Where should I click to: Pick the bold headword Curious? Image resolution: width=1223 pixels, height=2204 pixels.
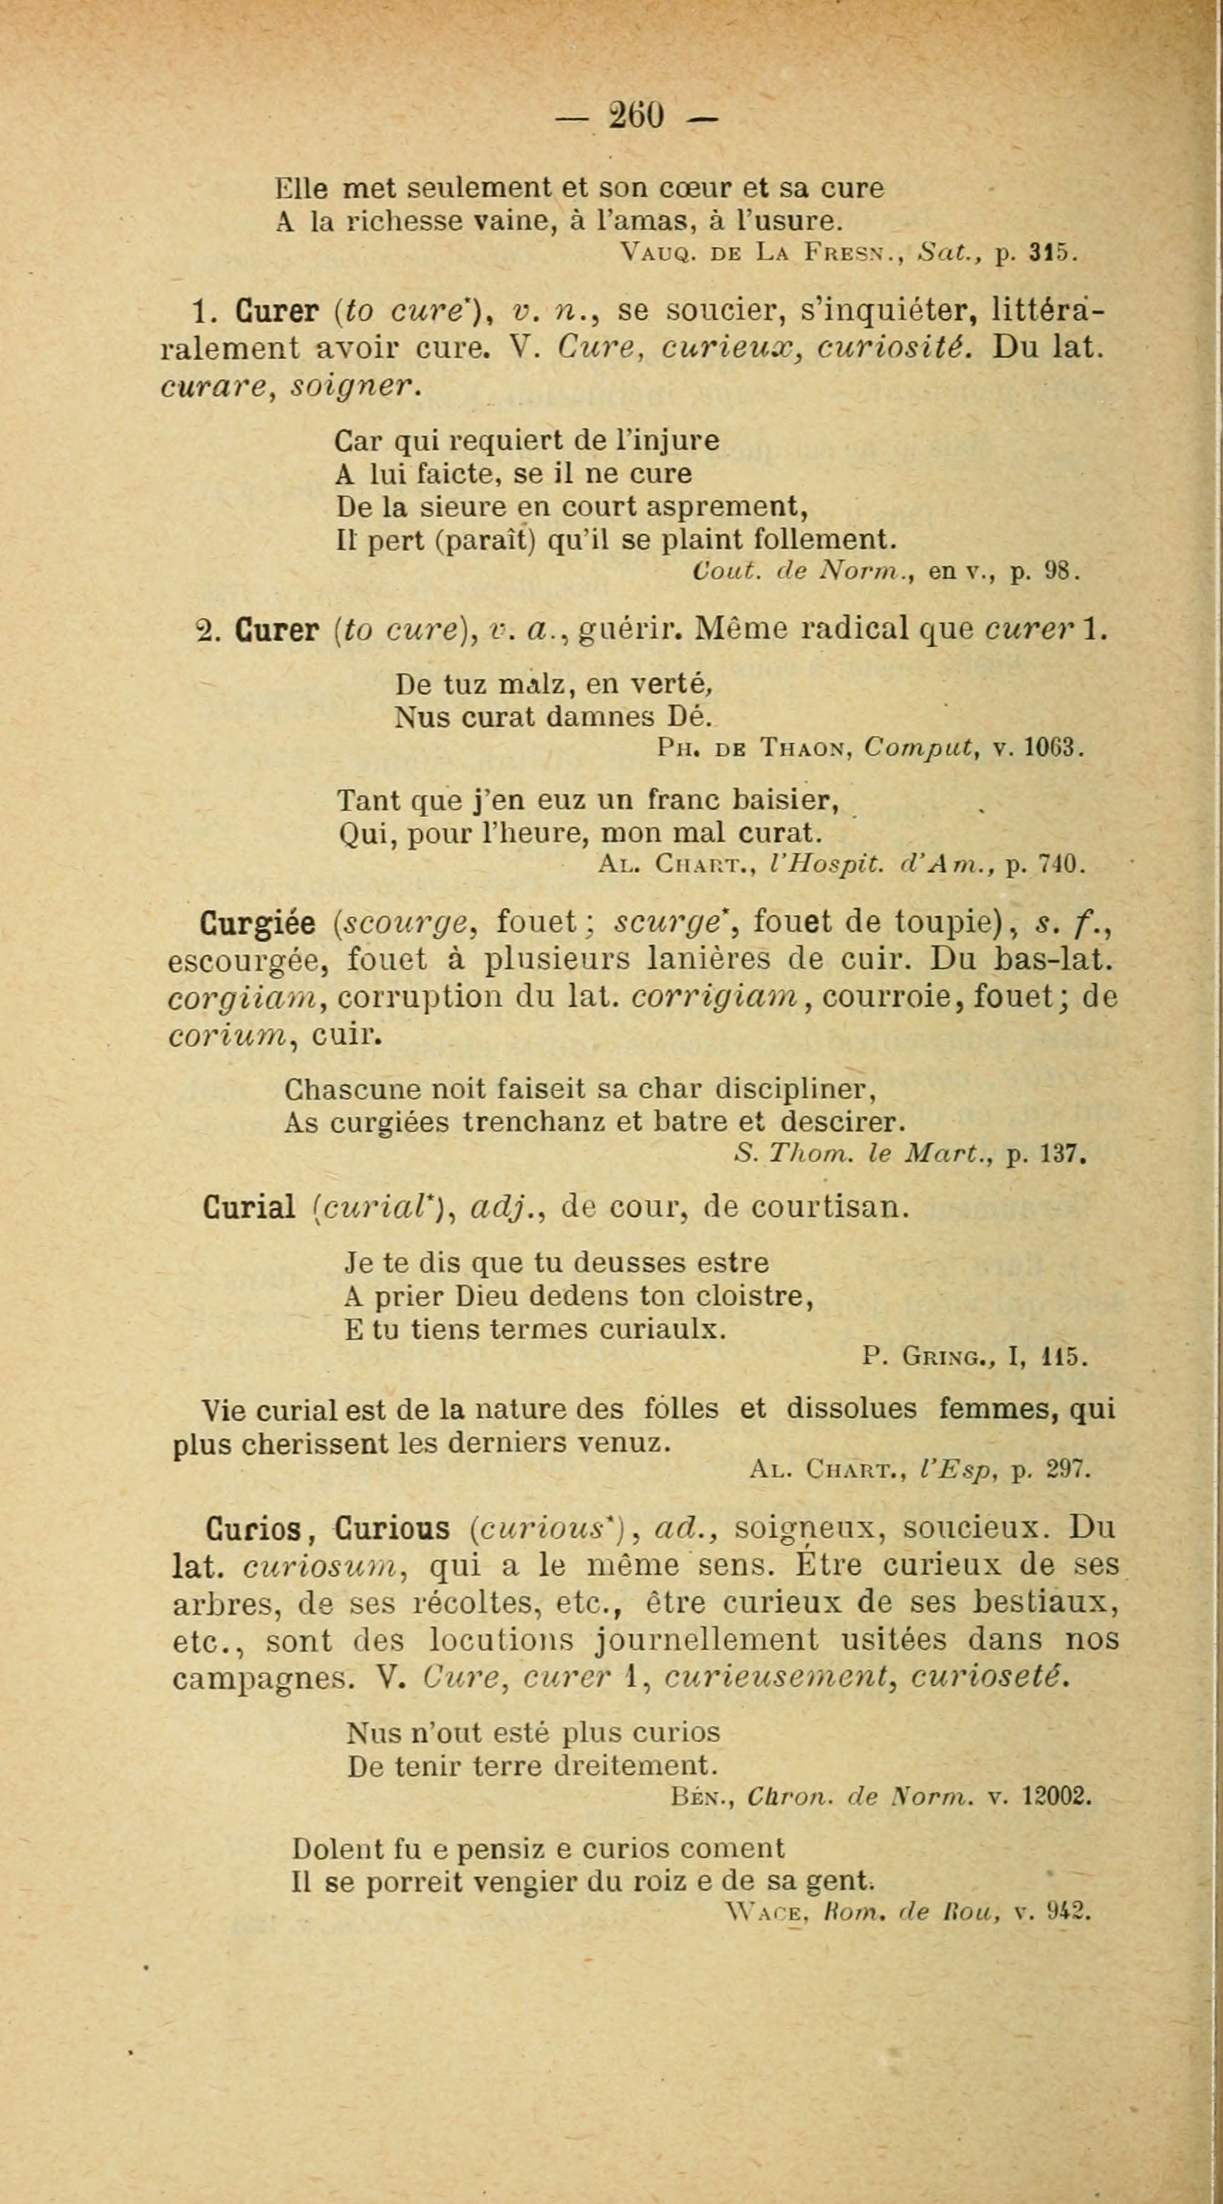pos(393,1529)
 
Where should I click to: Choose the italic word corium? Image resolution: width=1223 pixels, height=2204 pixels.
pos(228,1035)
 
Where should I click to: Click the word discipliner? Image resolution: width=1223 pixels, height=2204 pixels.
pos(794,1090)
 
